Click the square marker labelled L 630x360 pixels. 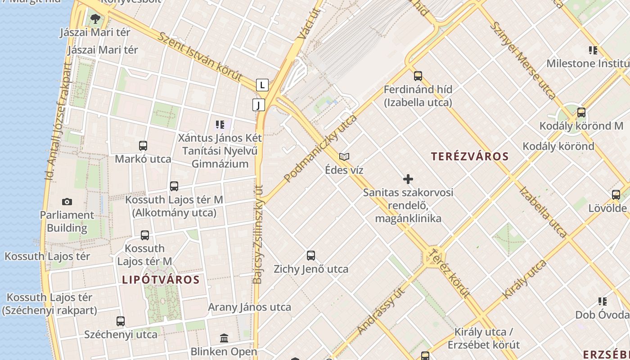pyautogui.click(x=262, y=85)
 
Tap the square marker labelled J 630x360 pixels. pyautogui.click(x=258, y=105)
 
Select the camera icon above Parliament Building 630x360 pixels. pyautogui.click(x=67, y=202)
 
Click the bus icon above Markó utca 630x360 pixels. pyautogui.click(x=143, y=146)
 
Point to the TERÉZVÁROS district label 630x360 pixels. pyautogui.click(x=470, y=157)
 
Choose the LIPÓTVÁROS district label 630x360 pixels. pyautogui.click(x=161, y=279)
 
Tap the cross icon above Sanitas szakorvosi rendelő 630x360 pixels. pyautogui.click(x=408, y=179)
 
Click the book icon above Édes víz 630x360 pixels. pyautogui.click(x=344, y=157)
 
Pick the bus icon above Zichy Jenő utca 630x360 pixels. pyautogui.click(x=311, y=256)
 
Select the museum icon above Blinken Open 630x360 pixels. pyautogui.click(x=224, y=337)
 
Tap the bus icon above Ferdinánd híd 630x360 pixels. pyautogui.click(x=418, y=76)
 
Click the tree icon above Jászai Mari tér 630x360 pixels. pyautogui.click(x=95, y=18)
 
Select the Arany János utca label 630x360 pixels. pyautogui.click(x=249, y=307)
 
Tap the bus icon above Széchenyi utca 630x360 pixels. pyautogui.click(x=121, y=321)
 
